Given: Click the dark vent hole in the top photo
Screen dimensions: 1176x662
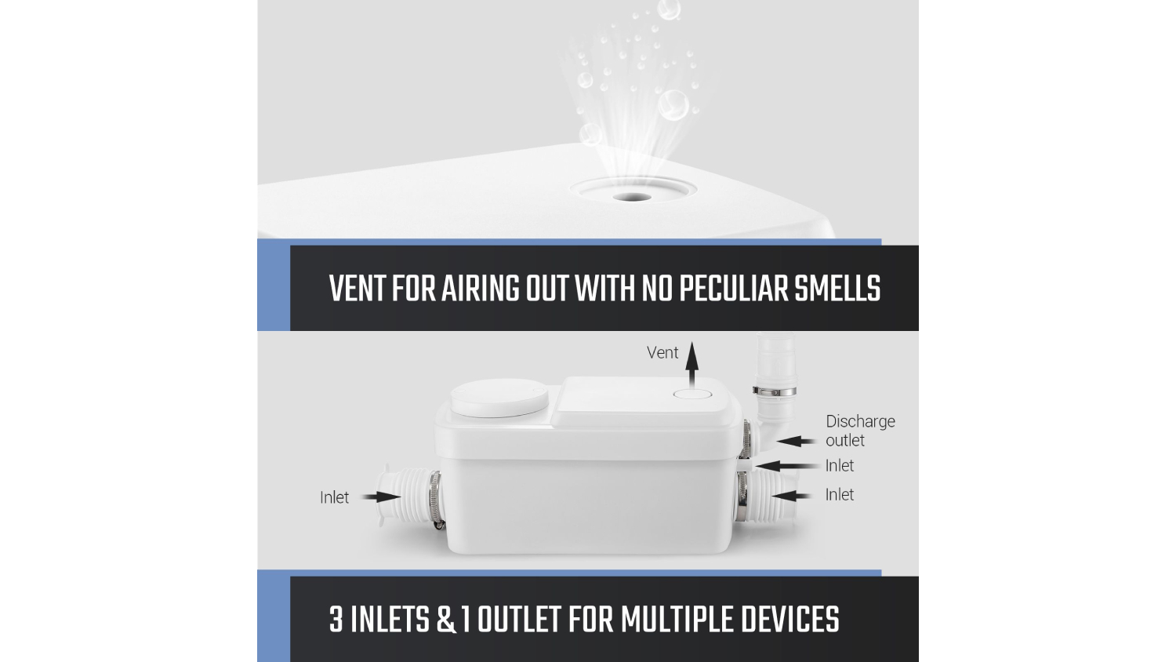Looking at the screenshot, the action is coord(632,198).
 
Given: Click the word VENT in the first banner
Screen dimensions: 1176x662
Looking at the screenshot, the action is coord(358,289).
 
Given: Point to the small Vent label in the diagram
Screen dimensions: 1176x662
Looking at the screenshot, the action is coord(662,352).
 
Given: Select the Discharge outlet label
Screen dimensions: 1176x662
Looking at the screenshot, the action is coord(860,431).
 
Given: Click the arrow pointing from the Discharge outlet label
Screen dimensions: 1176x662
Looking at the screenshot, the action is coord(796,442).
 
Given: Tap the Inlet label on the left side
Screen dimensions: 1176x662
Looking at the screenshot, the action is coord(334,497).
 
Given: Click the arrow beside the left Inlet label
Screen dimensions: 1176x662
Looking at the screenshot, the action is coord(381,497).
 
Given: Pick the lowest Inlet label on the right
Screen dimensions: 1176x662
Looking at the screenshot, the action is coord(839,494).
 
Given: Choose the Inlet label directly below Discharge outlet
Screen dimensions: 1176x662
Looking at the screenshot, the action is coord(839,465).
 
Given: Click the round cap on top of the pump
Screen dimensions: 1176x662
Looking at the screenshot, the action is coord(499,398).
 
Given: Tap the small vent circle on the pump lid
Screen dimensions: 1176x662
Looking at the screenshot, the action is coord(692,394).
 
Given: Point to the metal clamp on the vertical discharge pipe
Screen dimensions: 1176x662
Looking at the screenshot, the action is coord(774,391).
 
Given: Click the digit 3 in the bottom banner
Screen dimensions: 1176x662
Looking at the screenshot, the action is coord(336,620).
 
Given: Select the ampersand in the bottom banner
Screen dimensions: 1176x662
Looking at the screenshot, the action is coord(446,620).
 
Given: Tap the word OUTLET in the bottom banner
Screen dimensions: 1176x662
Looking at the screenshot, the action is coord(519,620).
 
